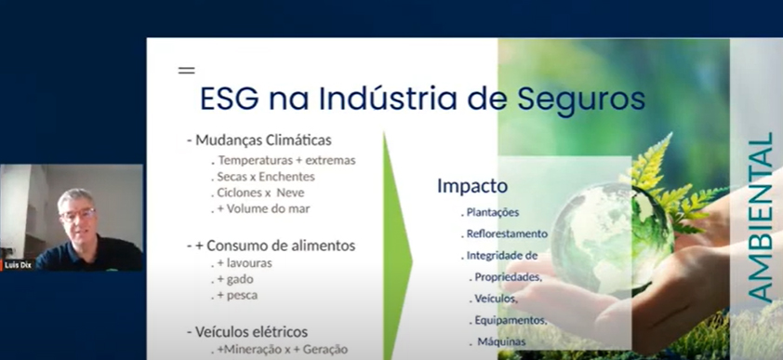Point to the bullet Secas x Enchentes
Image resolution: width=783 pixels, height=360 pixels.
pos(264,176)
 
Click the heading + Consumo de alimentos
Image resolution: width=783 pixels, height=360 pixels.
pos(270,246)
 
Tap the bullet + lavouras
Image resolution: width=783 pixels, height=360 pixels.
pos(239,264)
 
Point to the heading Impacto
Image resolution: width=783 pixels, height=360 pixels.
pos(472,185)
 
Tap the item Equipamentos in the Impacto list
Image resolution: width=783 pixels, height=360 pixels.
pos(510,320)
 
